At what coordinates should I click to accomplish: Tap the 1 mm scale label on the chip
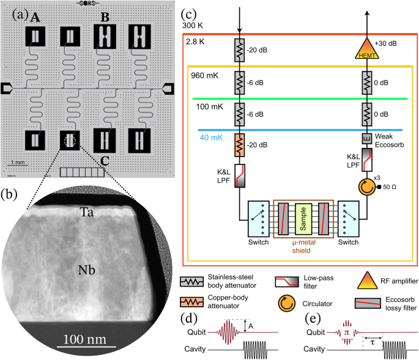click(x=18, y=162)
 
